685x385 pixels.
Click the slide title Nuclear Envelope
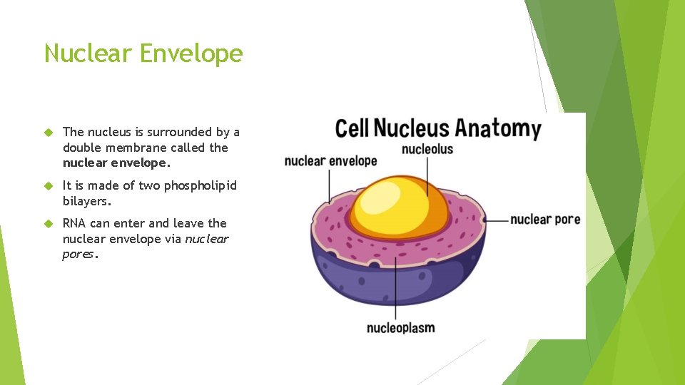click(143, 53)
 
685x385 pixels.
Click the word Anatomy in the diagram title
click(498, 129)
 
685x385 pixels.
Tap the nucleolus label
click(427, 149)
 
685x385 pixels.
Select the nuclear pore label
click(545, 219)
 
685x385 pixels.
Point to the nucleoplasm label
click(400, 328)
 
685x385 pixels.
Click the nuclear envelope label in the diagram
click(330, 161)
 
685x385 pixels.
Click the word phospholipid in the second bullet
click(201, 185)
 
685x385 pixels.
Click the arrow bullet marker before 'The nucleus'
click(49, 132)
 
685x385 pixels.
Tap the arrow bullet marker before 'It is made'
click(49, 185)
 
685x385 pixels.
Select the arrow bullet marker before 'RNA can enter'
click(49, 223)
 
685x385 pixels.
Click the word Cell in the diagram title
click(352, 129)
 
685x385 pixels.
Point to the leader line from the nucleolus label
click(427, 176)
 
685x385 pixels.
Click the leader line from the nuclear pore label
click(496, 219)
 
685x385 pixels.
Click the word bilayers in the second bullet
click(86, 201)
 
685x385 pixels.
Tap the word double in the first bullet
click(83, 148)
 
